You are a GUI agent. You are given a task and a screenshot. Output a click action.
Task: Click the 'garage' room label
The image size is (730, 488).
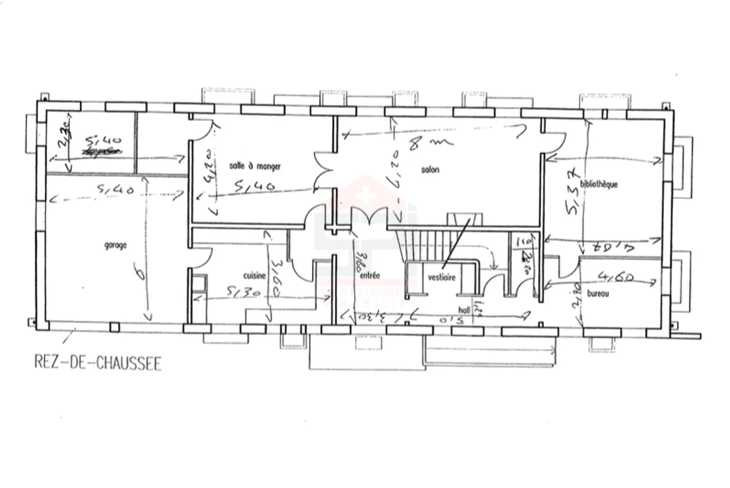point(116,246)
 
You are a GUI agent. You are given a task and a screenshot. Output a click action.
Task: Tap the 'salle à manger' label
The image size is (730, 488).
point(254,166)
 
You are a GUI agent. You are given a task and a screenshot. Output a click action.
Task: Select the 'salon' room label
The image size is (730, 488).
point(430,170)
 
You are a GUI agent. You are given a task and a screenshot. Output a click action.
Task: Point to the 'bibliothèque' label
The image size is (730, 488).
point(599,184)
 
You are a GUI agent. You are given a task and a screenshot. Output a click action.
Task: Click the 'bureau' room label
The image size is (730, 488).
point(598,294)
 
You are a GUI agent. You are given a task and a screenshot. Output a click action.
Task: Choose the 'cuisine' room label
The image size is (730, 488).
point(254,276)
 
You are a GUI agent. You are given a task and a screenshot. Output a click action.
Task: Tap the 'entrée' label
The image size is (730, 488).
point(370,276)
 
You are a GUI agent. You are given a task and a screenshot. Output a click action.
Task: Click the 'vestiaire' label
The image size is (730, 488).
point(442,277)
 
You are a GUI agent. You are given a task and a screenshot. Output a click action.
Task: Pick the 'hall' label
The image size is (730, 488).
point(464,310)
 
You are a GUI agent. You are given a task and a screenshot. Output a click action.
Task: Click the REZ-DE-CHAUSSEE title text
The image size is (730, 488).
point(98,363)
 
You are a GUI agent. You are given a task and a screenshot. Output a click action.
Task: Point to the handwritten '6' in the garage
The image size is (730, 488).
point(140,275)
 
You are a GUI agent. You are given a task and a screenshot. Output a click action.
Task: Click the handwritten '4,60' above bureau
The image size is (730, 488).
point(615,277)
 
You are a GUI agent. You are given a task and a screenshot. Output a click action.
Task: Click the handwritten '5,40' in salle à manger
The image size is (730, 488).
point(254,187)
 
